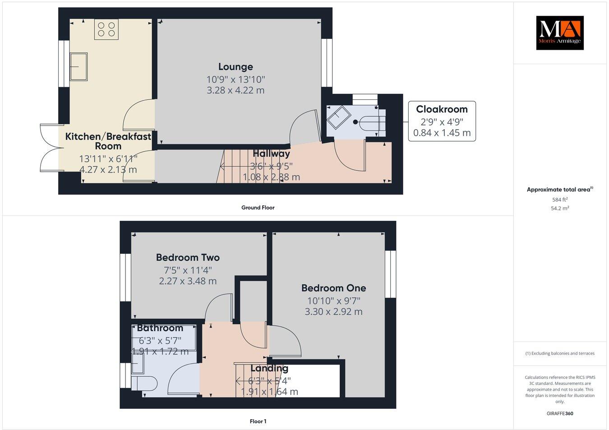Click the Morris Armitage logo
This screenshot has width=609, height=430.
[x=559, y=33]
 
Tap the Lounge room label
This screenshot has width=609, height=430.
[x=235, y=67]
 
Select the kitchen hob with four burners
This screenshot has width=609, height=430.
[x=106, y=29]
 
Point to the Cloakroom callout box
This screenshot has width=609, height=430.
[x=442, y=121]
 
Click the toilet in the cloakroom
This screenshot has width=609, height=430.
[x=373, y=122]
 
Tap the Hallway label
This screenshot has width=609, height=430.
[x=271, y=154]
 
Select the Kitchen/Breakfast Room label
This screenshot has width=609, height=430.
[x=108, y=141]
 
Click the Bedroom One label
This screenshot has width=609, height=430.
[x=333, y=288]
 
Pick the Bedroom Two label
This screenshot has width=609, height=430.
[x=188, y=257]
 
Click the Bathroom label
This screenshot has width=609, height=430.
[x=160, y=328]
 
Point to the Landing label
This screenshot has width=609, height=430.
[x=269, y=368]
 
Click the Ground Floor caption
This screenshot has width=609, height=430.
[x=258, y=208]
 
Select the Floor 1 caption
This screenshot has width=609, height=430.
[x=258, y=421]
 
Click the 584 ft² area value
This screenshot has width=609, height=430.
[x=560, y=199]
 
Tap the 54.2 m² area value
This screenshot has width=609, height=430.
[x=560, y=208]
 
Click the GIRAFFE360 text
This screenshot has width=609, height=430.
[x=559, y=413]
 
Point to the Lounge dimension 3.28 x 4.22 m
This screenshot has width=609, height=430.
[x=235, y=90]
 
